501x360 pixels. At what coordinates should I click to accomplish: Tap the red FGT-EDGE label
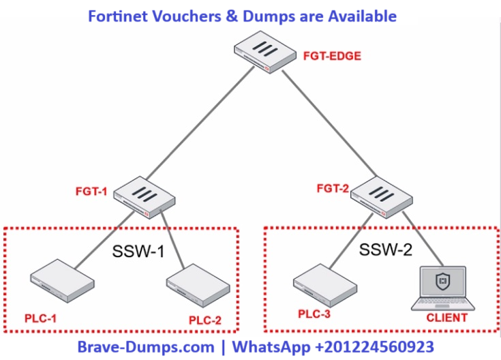[x=331, y=55]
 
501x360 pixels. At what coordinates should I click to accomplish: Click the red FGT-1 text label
[x=91, y=192]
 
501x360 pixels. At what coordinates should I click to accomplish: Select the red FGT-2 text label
[x=333, y=187]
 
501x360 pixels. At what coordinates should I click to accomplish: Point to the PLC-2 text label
[x=204, y=320]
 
